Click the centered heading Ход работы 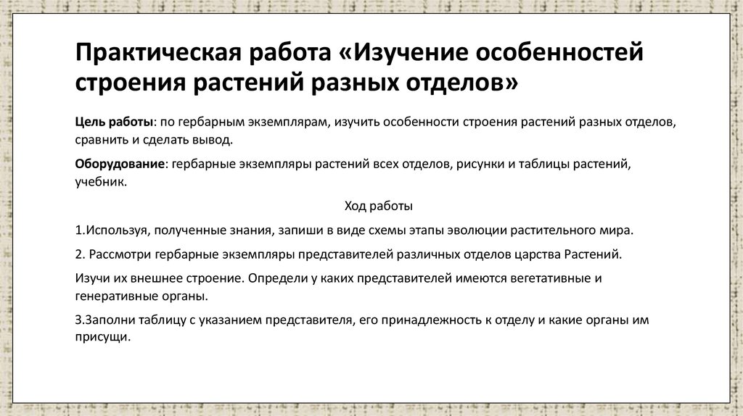pos(378,206)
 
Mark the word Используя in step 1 pos(115,230)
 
